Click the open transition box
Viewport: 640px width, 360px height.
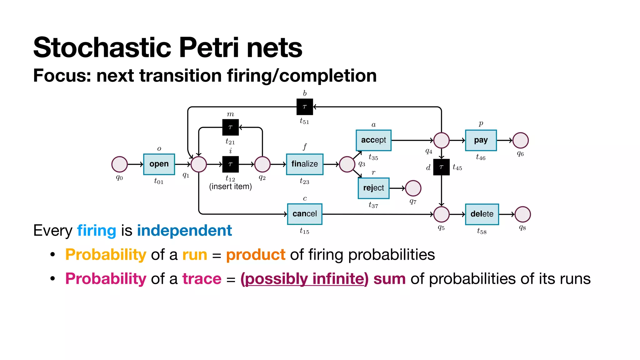[159, 164]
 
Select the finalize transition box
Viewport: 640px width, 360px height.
[304, 164]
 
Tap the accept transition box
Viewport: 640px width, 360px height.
[373, 140]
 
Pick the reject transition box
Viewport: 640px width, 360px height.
[373, 188]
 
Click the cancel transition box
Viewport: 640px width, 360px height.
[304, 214]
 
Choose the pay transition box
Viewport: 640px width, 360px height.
[481, 140]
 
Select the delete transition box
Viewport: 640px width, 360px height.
[482, 214]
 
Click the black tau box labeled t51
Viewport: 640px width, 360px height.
[304, 107]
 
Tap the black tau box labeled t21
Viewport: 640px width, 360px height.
[230, 127]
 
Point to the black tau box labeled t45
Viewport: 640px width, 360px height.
[441, 167]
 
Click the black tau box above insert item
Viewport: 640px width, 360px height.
[230, 164]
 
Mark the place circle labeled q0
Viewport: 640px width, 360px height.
[119, 164]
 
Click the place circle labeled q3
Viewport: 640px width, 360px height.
[347, 164]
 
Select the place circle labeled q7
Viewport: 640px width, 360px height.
[413, 188]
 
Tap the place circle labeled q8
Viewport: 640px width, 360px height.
[522, 214]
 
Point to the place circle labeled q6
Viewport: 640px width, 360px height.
[520, 140]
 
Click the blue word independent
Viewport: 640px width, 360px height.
[184, 231]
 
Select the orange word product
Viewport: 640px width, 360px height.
[255, 255]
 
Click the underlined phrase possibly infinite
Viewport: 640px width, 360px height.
[304, 279]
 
